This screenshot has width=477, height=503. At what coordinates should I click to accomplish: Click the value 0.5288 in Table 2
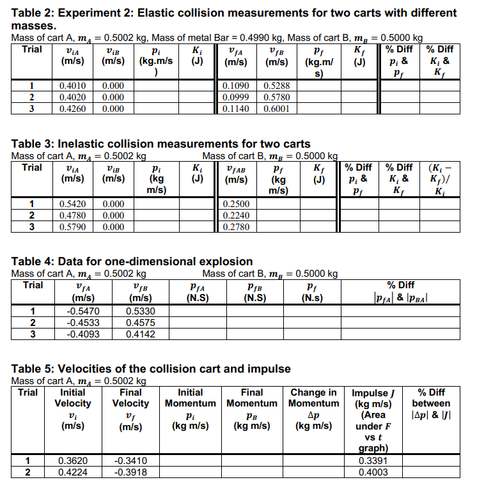point(276,86)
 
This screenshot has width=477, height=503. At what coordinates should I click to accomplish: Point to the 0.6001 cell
point(276,109)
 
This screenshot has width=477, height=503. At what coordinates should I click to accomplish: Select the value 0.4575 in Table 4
point(139,322)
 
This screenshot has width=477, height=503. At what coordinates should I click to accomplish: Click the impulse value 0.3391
point(373,460)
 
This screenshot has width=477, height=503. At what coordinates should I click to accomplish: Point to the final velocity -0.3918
point(130,472)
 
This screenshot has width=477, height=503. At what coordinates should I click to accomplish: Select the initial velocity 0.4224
point(73,472)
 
